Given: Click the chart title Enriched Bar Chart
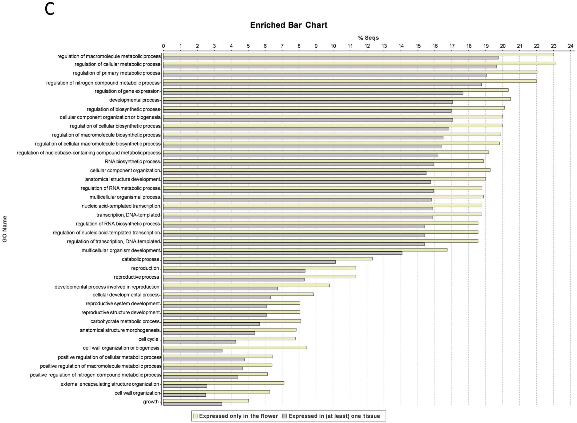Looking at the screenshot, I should click(289, 25).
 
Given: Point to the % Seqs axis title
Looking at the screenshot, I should click(368, 38).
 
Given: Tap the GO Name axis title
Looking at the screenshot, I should click(5, 229).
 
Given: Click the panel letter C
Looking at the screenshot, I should click(50, 10).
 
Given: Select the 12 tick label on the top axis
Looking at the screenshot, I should click(367, 46).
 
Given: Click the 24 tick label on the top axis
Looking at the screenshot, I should click(570, 46).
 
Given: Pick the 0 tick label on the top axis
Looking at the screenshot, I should click(163, 46).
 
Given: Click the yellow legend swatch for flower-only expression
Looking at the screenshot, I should click(195, 416).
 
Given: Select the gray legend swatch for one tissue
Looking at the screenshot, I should click(285, 416).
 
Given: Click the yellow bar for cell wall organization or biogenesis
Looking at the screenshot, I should click(235, 347).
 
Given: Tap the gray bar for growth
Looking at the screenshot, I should click(193, 404).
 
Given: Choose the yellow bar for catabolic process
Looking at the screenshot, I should click(268, 259).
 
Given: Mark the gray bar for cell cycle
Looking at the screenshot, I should click(199, 342).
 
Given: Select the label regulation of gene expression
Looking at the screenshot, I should click(127, 91).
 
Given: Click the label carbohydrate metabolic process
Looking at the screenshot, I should click(125, 321).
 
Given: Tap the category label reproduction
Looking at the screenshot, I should click(145, 268).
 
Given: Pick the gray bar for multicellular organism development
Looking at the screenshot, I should click(283, 253).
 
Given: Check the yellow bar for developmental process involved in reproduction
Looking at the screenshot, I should click(246, 285).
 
